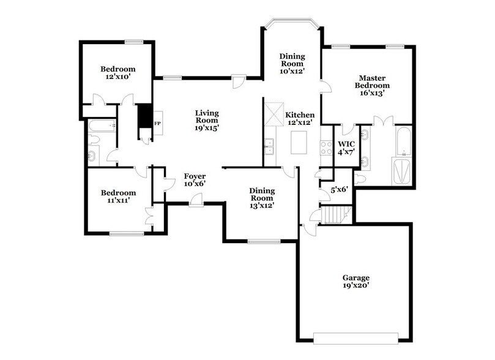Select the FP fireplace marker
coord(157,124)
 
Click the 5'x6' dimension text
coord(339,190)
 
